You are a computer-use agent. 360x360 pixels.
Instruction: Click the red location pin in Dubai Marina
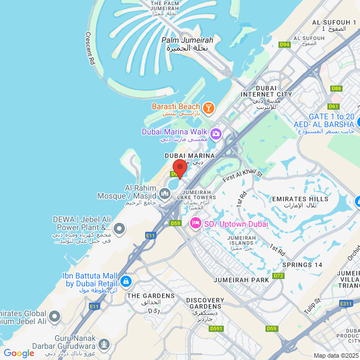[179, 168]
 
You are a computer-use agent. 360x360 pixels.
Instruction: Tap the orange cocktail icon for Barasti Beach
[209, 107]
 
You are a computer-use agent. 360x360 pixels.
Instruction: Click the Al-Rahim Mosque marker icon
[165, 193]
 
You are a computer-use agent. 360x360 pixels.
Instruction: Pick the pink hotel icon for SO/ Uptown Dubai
[196, 223]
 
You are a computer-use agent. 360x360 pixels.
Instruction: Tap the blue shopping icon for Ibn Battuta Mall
[125, 280]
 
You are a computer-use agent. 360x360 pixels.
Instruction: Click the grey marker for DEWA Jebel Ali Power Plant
[119, 229]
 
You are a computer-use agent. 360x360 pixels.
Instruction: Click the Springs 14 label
[302, 264]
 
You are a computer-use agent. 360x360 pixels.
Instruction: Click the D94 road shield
[285, 44]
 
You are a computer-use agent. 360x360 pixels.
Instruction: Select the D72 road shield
[278, 276]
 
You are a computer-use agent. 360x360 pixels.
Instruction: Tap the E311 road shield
[345, 303]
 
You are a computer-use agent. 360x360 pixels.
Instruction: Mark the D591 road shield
[217, 328]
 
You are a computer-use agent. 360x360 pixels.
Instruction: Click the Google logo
[19, 353]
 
